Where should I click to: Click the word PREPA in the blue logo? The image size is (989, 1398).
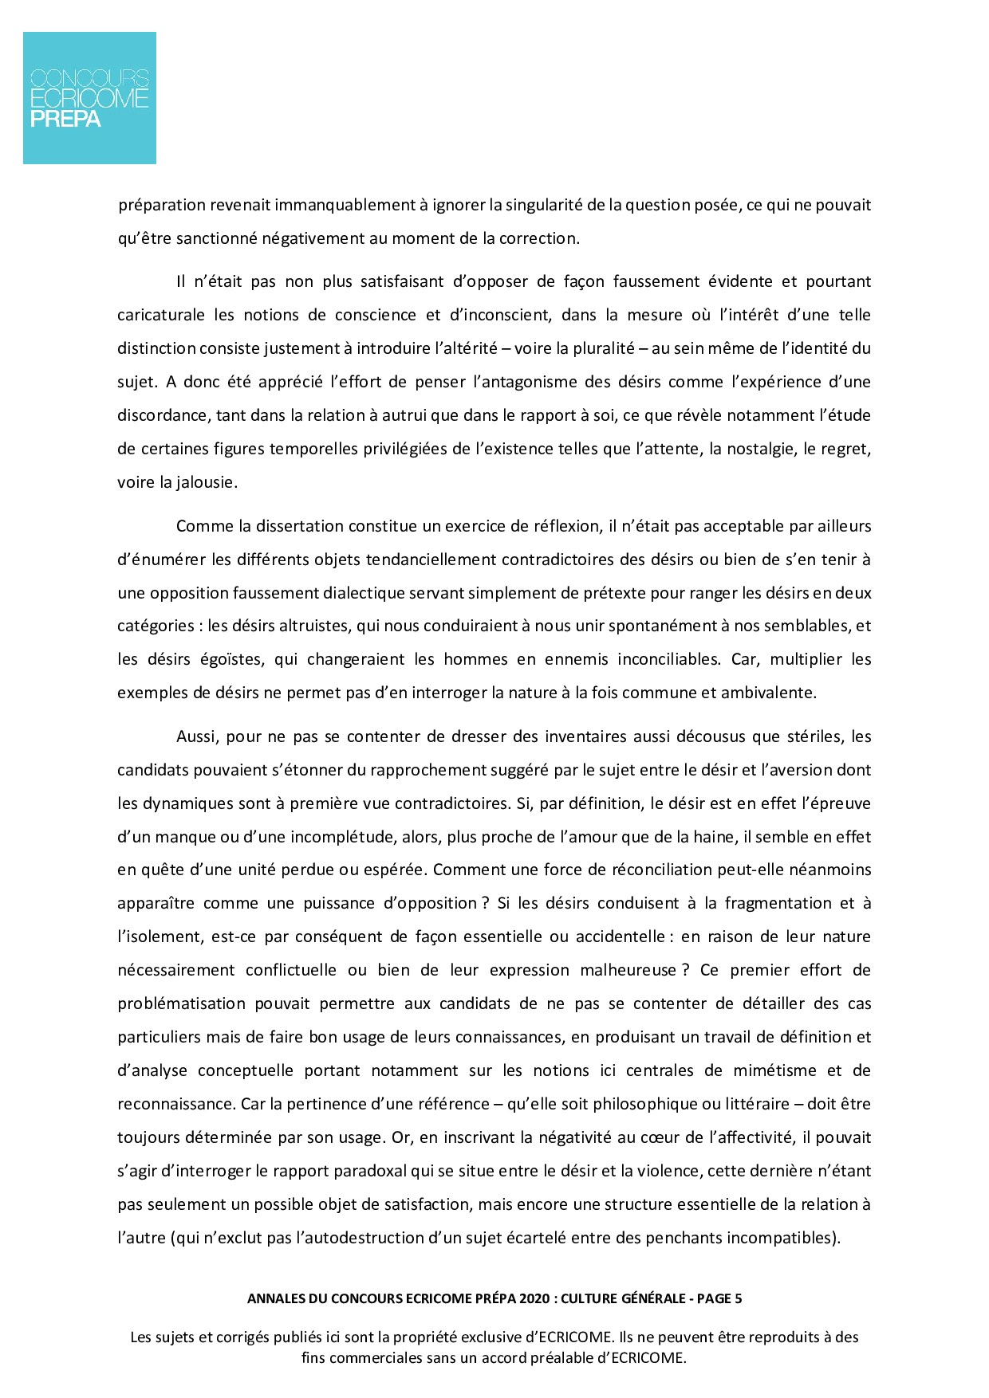65,119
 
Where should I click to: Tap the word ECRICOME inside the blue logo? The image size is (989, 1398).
89,98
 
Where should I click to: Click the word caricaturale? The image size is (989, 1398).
160,315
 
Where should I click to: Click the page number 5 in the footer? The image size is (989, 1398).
738,1298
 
